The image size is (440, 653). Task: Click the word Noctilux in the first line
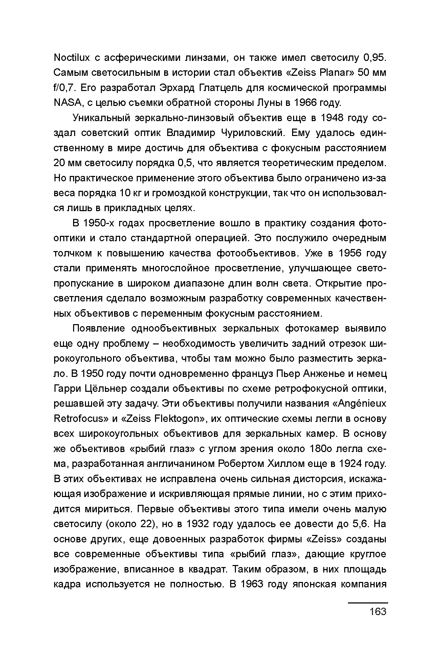(72, 58)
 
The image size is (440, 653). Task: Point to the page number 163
(378, 611)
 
